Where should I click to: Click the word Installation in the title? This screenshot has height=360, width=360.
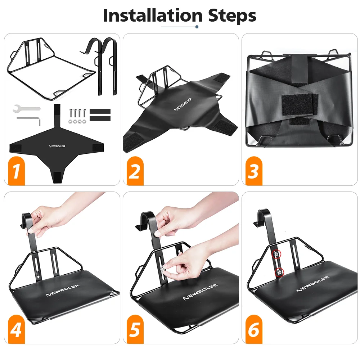pos(153,15)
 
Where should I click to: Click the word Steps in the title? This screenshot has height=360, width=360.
pos(232,16)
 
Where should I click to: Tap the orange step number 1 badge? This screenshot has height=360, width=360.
pos(16,171)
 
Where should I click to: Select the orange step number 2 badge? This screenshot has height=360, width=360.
pos(135,171)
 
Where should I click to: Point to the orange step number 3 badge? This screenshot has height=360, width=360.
pos(254,171)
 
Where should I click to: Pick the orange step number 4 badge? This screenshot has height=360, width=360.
pos(16,329)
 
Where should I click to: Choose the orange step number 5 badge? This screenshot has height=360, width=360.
pos(135,329)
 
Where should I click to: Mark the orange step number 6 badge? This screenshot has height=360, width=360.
pos(254,329)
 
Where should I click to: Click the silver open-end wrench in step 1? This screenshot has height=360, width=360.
pos(26,108)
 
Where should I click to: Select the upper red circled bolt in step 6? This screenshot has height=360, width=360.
pos(276,254)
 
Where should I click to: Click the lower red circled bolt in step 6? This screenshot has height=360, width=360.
pos(279,273)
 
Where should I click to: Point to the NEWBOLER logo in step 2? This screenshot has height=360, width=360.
pos(183,104)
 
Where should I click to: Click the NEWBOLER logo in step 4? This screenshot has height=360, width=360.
pos(63,290)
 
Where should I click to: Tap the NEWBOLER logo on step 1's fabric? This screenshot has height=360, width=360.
pos(57,146)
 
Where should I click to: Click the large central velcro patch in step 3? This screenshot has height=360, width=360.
pos(300,104)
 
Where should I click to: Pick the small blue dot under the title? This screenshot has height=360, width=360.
pos(197,27)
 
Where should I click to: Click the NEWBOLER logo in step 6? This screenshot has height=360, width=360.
pos(313,284)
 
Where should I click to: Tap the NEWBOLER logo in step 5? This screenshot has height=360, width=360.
pos(201,292)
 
